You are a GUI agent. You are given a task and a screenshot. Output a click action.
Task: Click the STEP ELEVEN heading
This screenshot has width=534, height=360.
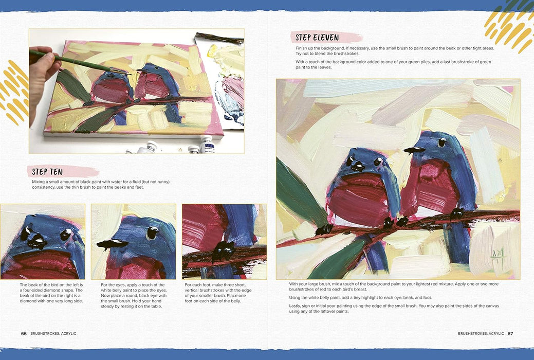(317, 38)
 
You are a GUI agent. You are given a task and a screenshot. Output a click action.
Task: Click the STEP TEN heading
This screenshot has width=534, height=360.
(47, 172)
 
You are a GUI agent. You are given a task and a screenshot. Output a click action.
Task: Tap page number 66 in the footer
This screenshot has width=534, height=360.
(24, 333)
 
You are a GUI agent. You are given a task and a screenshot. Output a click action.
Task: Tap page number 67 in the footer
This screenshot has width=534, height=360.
(510, 333)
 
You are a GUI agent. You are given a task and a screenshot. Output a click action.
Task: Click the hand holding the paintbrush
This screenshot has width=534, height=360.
(41, 77)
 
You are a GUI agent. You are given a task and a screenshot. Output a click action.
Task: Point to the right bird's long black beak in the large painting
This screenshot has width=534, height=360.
(414, 150)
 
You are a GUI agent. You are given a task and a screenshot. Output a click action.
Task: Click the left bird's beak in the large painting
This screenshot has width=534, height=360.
(358, 166)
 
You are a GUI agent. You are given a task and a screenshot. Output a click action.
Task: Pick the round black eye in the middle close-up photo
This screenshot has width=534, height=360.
(152, 233)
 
